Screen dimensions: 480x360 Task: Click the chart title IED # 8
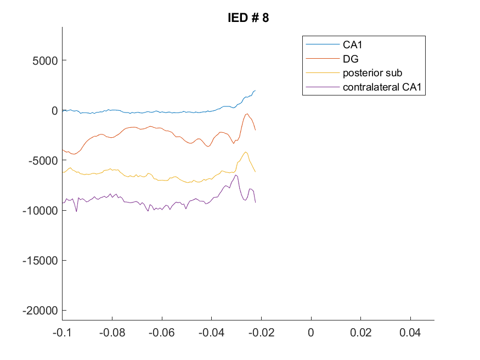coord(249,18)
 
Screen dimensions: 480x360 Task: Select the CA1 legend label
coord(352,44)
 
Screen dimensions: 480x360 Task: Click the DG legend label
coord(351,59)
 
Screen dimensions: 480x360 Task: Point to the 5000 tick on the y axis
coord(45,60)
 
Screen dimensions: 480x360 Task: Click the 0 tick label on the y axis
coord(54,110)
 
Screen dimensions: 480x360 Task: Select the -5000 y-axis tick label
coord(43,160)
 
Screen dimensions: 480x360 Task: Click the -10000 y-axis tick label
coord(40,210)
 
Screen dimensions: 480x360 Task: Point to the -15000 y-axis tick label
coord(40,261)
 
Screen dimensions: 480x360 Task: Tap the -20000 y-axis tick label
coord(40,311)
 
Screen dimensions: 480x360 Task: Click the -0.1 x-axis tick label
coord(62,333)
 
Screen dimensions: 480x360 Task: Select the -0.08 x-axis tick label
coord(112,333)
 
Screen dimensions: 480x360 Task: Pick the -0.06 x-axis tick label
coord(162,333)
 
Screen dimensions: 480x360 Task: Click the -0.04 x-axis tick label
coord(212,333)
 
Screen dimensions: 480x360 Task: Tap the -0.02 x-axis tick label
coord(262,333)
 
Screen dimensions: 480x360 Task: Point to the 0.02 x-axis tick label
coord(360,333)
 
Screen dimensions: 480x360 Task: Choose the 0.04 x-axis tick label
coord(410,333)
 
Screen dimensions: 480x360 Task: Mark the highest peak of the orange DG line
coord(247,114)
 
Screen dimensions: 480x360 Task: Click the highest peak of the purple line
coord(236,175)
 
